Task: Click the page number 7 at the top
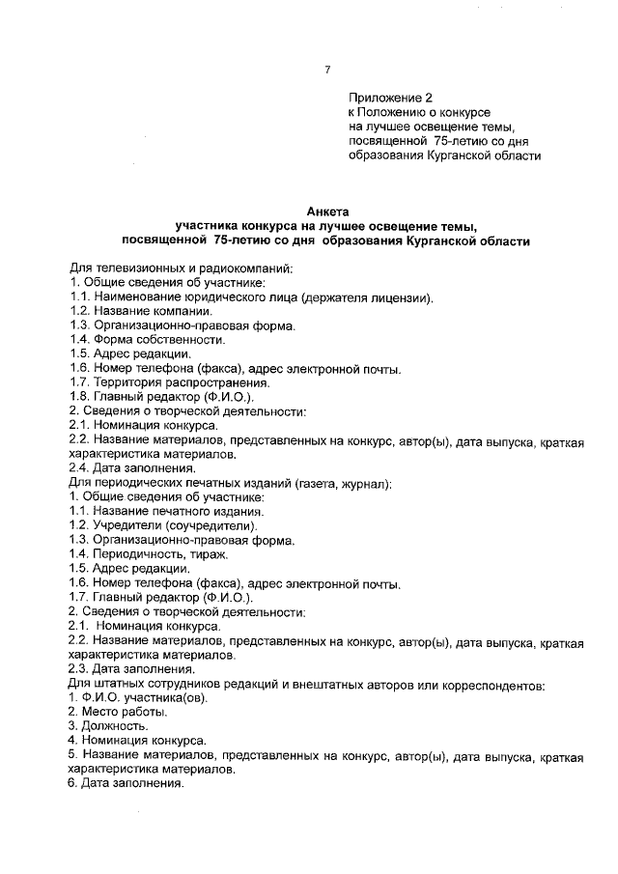pyautogui.click(x=327, y=69)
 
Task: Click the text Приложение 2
pyautogui.click(x=391, y=98)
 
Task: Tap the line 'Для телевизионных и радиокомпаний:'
pyautogui.click(x=181, y=268)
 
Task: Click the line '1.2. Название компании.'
pyautogui.click(x=140, y=312)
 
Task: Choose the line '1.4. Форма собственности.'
pyautogui.click(x=147, y=340)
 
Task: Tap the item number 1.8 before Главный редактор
pyautogui.click(x=80, y=398)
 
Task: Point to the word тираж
pyautogui.click(x=205, y=554)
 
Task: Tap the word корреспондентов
pyautogui.click(x=493, y=683)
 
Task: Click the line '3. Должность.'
pyautogui.click(x=108, y=725)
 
